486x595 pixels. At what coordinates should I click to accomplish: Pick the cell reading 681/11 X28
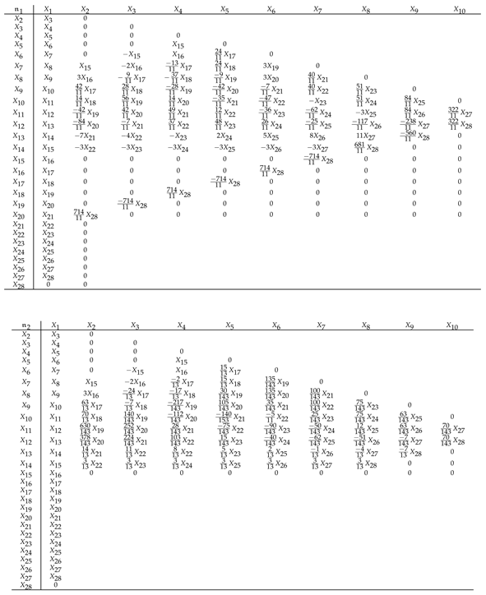click(x=366, y=147)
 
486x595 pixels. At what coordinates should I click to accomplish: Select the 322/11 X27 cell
click(x=460, y=111)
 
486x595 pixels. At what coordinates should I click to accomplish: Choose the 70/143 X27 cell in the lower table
click(x=460, y=429)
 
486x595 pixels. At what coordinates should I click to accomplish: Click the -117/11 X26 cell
click(x=366, y=124)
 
